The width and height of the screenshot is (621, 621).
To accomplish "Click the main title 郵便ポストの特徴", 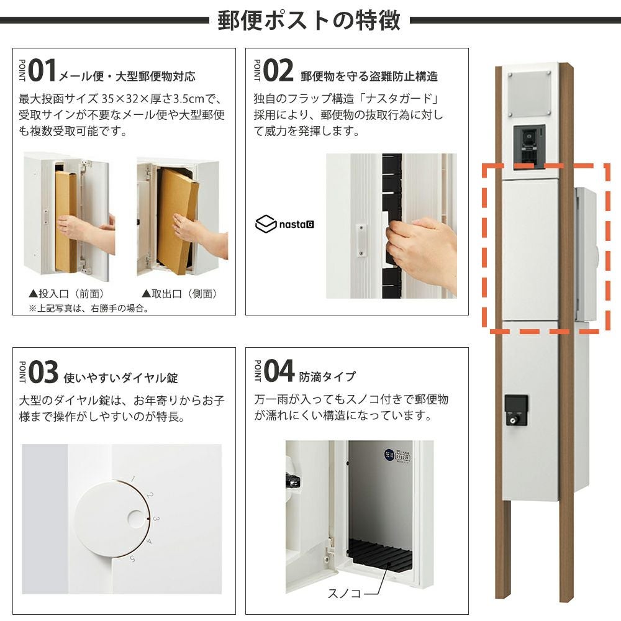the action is tap(309, 20).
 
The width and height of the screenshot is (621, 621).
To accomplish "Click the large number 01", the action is tap(42, 71).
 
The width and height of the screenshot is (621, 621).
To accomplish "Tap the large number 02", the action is tap(278, 71).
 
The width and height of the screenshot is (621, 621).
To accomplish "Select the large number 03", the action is tap(43, 372).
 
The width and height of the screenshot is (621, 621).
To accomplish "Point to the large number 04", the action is tap(279, 371).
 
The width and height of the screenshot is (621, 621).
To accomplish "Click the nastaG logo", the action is tap(285, 224).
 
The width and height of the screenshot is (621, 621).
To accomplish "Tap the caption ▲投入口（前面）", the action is tap(66, 294).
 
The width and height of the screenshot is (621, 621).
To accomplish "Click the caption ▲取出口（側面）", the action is tap(179, 294).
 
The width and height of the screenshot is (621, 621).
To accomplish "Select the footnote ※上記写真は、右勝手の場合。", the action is tap(89, 308).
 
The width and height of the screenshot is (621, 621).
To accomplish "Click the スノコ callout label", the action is tap(344, 593).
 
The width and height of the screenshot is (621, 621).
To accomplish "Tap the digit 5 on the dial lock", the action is tap(132, 559).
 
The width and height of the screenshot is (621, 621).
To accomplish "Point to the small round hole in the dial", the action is tap(136, 519).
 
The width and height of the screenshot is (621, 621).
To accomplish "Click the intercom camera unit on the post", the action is tap(529, 147).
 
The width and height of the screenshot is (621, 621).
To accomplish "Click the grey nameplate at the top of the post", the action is tap(529, 94).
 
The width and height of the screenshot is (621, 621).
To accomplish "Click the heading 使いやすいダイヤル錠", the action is tap(121, 378).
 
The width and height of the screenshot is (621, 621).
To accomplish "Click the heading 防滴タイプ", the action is tap(327, 376).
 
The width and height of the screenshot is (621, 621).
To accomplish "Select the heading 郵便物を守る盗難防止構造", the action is tap(369, 76).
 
